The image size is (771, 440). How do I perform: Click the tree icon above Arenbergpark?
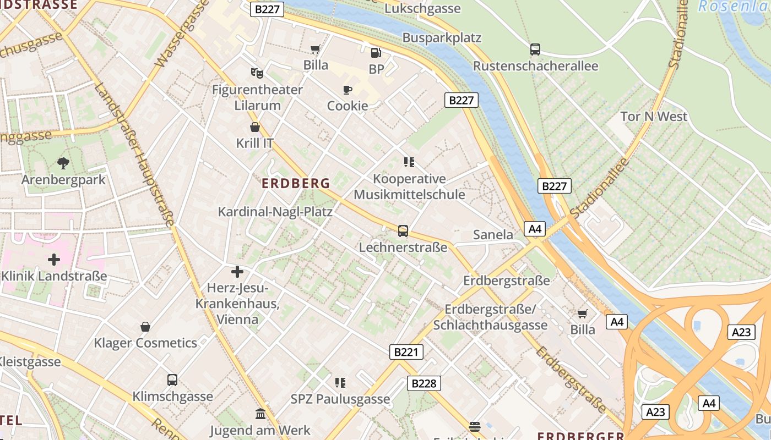point(63,163)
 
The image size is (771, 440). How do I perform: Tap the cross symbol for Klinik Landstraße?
point(54,259)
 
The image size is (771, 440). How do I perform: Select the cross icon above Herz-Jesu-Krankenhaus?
point(237,272)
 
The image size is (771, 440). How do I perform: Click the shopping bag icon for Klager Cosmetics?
point(145,327)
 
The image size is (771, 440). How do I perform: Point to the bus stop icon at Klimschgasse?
point(172,380)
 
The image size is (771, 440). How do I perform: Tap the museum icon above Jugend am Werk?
point(260,414)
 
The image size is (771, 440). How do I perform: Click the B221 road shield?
point(406,352)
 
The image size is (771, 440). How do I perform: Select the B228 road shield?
point(424,383)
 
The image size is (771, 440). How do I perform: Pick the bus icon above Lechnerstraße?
point(403,231)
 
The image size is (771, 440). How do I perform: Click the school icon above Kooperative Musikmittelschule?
point(409,162)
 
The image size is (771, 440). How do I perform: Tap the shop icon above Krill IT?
point(255,128)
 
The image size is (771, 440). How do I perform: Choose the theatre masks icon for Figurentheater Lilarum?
point(257,73)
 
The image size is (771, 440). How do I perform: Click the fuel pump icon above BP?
point(376,53)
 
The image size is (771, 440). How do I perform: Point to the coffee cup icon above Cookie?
point(347,90)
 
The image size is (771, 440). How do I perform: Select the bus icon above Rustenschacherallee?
point(535,50)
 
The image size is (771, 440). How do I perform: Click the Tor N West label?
point(654,117)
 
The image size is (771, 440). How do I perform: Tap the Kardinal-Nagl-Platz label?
point(275,212)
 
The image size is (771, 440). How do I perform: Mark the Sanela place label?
point(493,235)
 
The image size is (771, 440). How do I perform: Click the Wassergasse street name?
point(182,33)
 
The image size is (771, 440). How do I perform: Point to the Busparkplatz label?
point(442,38)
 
